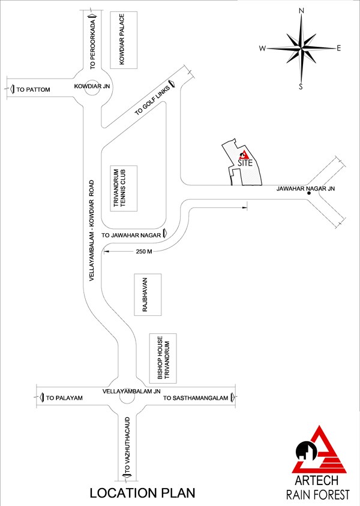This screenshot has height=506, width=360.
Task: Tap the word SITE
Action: pos(245,162)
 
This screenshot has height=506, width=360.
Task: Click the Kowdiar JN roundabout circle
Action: pos(93,88)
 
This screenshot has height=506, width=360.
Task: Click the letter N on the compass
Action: pos(302,10)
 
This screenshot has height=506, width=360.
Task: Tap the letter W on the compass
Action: pos(263,49)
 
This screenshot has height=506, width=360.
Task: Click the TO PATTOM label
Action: pos(34,89)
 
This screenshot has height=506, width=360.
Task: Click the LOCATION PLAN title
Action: pos(143,493)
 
